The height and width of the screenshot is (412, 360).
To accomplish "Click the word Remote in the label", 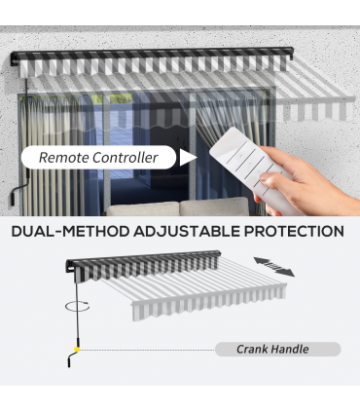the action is pos(63,158).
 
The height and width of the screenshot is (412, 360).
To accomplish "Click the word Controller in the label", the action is pos(126,158).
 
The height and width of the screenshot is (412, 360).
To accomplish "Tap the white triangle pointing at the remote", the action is pos(189,158).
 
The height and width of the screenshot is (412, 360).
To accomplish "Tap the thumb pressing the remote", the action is pos(271,179).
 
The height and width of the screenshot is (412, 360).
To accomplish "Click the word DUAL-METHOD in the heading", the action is pos(70,232).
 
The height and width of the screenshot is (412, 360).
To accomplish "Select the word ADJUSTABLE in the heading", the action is pos(187,232).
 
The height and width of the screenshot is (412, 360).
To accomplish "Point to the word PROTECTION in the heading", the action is pos(294,232).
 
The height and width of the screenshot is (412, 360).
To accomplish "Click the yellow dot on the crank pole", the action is pos(77,350).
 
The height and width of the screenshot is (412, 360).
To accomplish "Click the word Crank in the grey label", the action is pos(252,350).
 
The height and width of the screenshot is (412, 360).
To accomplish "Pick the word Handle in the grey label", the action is pos(290,350).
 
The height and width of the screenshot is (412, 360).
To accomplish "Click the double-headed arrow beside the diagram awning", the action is pos(274,267).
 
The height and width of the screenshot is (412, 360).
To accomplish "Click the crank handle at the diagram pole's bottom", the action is pos(72,359).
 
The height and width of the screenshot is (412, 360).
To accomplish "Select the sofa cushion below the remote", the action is pos(215,206).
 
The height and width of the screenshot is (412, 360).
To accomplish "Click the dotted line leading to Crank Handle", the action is pos(147,350).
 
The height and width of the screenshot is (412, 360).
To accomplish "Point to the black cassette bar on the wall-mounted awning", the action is pos(153,53).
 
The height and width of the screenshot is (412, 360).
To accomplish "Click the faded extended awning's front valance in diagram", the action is pos(209,305).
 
